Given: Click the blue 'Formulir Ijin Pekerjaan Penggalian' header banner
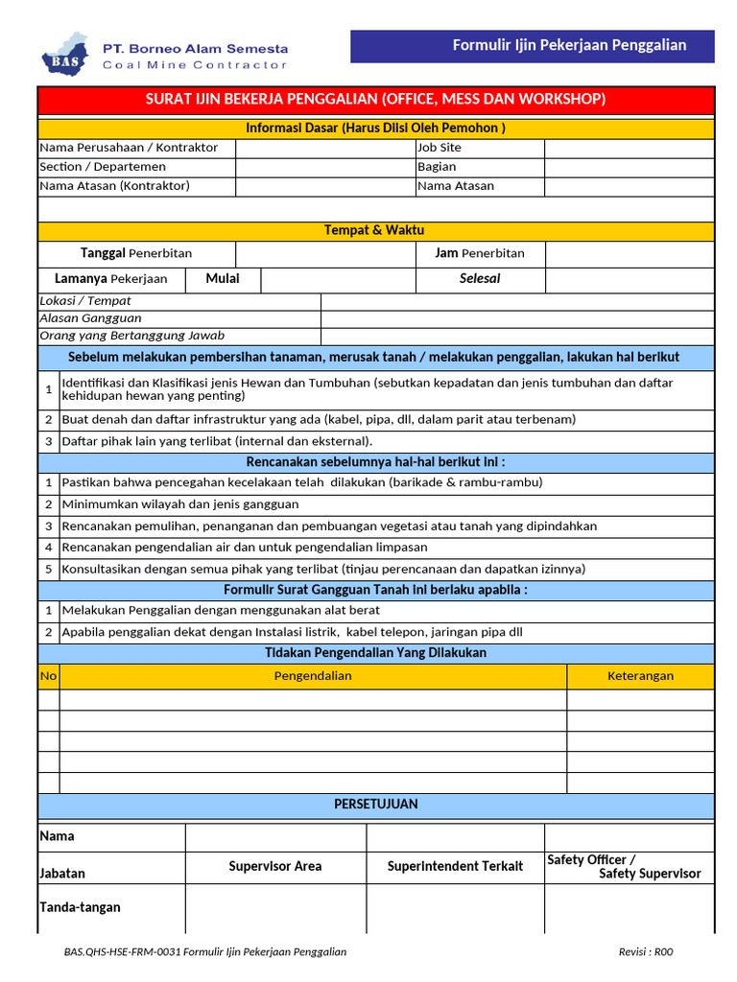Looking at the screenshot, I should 532,46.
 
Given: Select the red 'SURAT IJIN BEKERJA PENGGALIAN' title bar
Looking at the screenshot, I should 375,100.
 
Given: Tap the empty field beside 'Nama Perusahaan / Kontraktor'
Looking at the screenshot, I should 324,148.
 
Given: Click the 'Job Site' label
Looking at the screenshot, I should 440,148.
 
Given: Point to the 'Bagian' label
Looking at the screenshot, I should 437,167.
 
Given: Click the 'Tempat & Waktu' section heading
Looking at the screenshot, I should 375,231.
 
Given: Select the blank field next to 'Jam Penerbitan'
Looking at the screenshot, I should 629,254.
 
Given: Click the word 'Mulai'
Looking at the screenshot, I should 222,279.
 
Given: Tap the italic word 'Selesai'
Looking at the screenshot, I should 480,279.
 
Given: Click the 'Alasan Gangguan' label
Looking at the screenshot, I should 90,318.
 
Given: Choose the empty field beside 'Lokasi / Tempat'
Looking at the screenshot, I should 517,301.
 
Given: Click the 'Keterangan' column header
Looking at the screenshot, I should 640,676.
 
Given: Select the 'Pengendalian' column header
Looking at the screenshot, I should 313,676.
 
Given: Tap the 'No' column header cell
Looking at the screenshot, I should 48,676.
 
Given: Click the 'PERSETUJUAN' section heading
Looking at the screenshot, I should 375,805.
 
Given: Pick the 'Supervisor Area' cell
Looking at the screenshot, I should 275,867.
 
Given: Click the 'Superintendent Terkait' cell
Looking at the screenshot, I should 455,867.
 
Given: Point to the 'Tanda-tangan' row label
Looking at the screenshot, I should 80,907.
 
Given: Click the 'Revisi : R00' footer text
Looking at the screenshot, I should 646,952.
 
